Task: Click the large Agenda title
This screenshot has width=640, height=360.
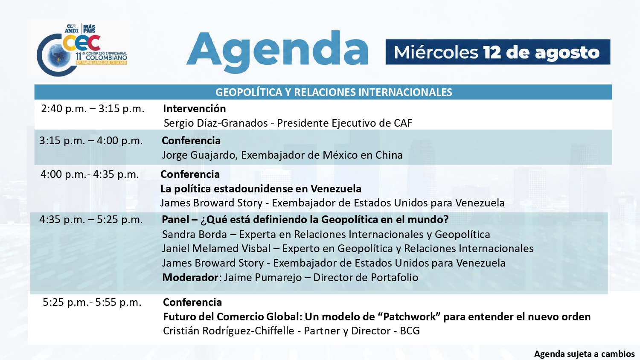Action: coord(277,52)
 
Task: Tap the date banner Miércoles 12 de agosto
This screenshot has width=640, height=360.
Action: coord(498,52)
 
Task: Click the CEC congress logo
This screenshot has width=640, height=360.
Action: coord(82,50)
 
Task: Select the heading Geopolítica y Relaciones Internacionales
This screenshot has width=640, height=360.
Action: coord(334,92)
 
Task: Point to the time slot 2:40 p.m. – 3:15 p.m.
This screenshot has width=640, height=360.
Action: coord(93,109)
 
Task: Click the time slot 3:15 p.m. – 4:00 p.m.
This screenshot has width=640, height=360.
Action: coord(91,141)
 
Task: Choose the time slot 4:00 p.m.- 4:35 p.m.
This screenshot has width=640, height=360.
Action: coord(90,174)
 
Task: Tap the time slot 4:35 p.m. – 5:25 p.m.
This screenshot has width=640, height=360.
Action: coord(91,219)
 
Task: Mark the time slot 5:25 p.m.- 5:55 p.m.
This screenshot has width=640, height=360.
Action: coord(92,302)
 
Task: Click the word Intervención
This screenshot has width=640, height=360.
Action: coord(194,109)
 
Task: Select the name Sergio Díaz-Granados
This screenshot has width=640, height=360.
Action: coord(216,123)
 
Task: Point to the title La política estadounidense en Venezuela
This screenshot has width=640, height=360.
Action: coord(261,189)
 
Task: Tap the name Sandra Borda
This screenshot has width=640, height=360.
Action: coord(194,234)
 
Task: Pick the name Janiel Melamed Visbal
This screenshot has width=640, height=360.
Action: coord(216,249)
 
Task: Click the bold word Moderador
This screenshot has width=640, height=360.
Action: coord(190,277)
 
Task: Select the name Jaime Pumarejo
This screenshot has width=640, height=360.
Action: coord(262,277)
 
